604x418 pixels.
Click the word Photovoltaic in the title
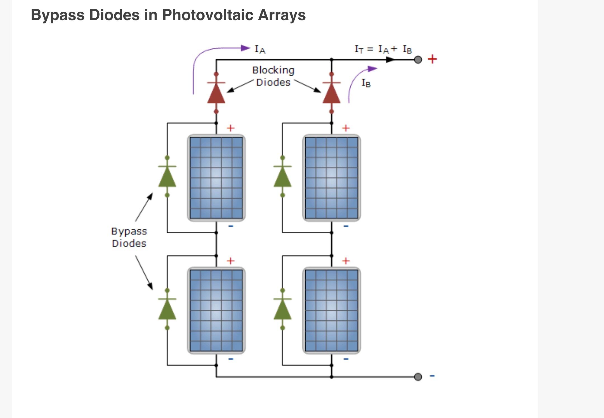[208, 15]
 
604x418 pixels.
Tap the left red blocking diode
[216, 93]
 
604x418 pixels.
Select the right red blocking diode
[331, 93]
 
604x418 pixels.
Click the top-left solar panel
[216, 178]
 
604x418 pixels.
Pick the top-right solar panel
[331, 178]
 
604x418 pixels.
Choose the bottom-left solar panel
[216, 311]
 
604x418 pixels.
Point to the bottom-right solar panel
[331, 311]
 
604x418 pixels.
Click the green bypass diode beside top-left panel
[167, 177]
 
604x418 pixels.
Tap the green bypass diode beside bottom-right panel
[282, 309]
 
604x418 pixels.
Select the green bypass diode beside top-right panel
[282, 177]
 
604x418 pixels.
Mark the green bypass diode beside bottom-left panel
[167, 309]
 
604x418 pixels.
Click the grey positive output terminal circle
[418, 60]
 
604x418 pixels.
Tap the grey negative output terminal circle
[418, 377]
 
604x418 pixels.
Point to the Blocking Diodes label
[273, 76]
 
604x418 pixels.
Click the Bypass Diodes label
[129, 237]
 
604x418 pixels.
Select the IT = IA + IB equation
[383, 50]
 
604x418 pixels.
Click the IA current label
[260, 50]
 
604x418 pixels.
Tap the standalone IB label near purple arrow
[366, 83]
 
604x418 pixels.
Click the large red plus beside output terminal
[432, 59]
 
